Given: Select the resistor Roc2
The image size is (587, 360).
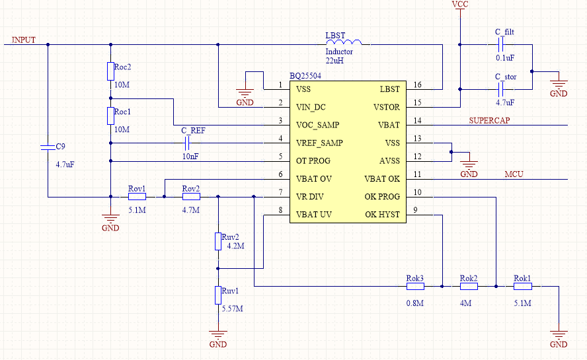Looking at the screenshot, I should point(110,71).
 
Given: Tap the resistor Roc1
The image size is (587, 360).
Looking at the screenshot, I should point(110,116).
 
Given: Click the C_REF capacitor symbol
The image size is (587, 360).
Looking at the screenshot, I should point(188,143).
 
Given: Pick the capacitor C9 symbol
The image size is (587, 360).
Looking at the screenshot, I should point(48,147).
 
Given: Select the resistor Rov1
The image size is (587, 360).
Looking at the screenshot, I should point(137,196).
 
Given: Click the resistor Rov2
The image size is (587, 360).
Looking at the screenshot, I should point(191,196).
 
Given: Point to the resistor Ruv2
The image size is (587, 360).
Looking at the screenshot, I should point(217,241).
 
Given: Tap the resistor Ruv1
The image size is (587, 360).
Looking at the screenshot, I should point(217,295).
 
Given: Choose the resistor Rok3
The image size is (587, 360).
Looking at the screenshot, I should point(414,286).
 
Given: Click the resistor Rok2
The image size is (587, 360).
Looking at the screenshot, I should point(468,286).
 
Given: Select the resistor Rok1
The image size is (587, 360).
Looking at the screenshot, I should point(522,286).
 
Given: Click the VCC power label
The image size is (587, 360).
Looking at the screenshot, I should point(459,5).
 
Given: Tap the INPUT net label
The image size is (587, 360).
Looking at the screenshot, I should point(24,40).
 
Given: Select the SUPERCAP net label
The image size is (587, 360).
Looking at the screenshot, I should point(490,121).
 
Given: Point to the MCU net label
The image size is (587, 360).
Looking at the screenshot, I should point(514,174).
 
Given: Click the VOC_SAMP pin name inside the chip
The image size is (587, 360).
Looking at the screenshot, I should point(318,125).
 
